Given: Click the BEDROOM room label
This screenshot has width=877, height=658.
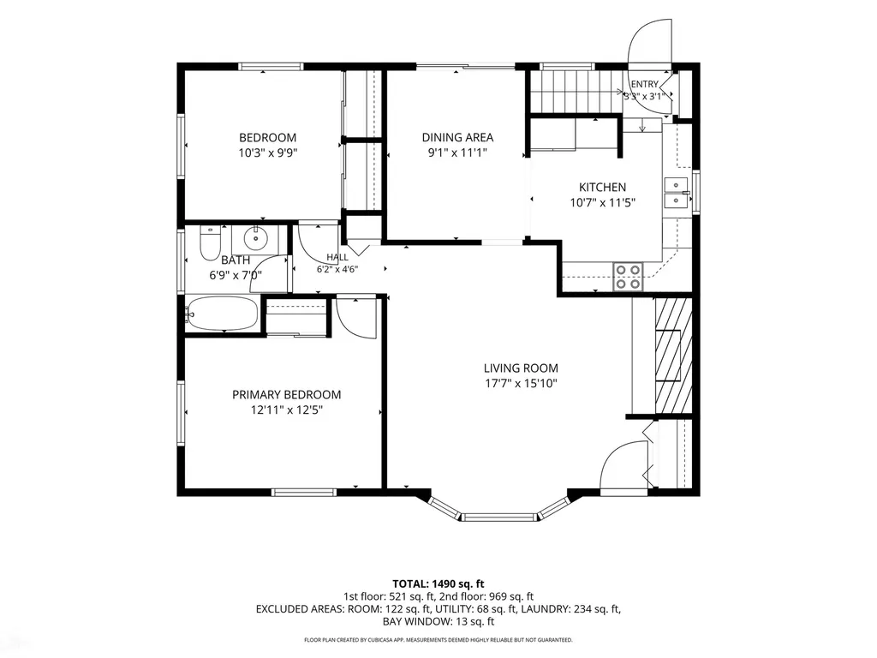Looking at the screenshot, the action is tap(267, 138).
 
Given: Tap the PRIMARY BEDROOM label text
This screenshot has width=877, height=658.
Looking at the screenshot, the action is tap(286, 395).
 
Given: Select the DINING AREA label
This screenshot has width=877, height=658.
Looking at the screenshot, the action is tap(457, 138).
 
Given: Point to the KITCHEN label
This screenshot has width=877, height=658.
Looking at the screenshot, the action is tap(602, 188).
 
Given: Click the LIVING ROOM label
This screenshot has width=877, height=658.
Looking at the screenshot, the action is tap(521, 368).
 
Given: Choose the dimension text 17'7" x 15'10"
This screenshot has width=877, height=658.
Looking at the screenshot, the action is tap(521, 384).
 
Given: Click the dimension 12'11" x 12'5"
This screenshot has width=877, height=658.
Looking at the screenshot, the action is tap(286, 410).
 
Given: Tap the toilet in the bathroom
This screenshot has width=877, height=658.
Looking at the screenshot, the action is tap(211, 244).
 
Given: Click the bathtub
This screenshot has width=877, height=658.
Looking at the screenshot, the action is tap(223, 314).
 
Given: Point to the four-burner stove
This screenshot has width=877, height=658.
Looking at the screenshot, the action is tap(628, 277).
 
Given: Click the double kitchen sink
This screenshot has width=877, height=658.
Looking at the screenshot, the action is tap(677, 193).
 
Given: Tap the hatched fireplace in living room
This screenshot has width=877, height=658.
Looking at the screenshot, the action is tap(673, 356).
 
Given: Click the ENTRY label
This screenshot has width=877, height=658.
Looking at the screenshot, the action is tap(644, 84).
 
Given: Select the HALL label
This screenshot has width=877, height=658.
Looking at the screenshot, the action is tap(337, 257).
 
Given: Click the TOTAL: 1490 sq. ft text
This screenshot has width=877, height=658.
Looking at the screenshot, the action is tap(438, 584).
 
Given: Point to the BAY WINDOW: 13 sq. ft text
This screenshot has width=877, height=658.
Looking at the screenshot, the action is tap(438, 622).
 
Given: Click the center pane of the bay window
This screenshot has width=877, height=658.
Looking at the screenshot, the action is tap(499, 517).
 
